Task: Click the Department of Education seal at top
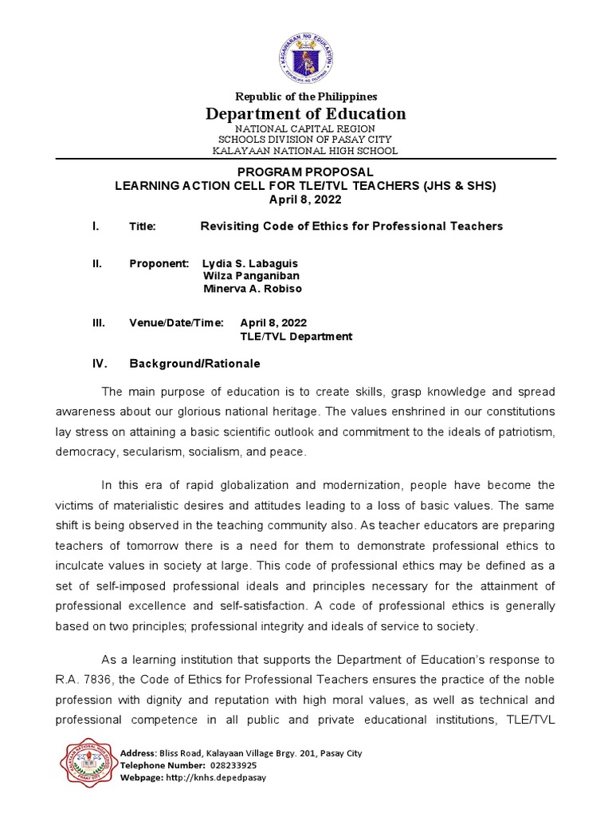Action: click(306, 57)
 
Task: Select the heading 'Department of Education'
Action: click(306, 113)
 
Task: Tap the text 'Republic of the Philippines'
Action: click(306, 97)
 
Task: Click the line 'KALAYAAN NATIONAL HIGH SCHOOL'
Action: click(306, 151)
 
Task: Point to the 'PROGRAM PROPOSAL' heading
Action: click(306, 172)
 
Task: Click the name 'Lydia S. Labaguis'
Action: click(250, 263)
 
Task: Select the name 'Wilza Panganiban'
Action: click(252, 276)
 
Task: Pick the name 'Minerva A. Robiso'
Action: click(253, 289)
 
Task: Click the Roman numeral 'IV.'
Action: click(100, 364)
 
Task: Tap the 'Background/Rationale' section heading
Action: click(194, 364)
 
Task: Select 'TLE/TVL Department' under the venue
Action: click(296, 337)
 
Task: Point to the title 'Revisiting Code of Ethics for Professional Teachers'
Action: click(351, 227)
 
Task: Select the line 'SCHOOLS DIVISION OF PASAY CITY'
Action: click(306, 140)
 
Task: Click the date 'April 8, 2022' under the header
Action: click(306, 199)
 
